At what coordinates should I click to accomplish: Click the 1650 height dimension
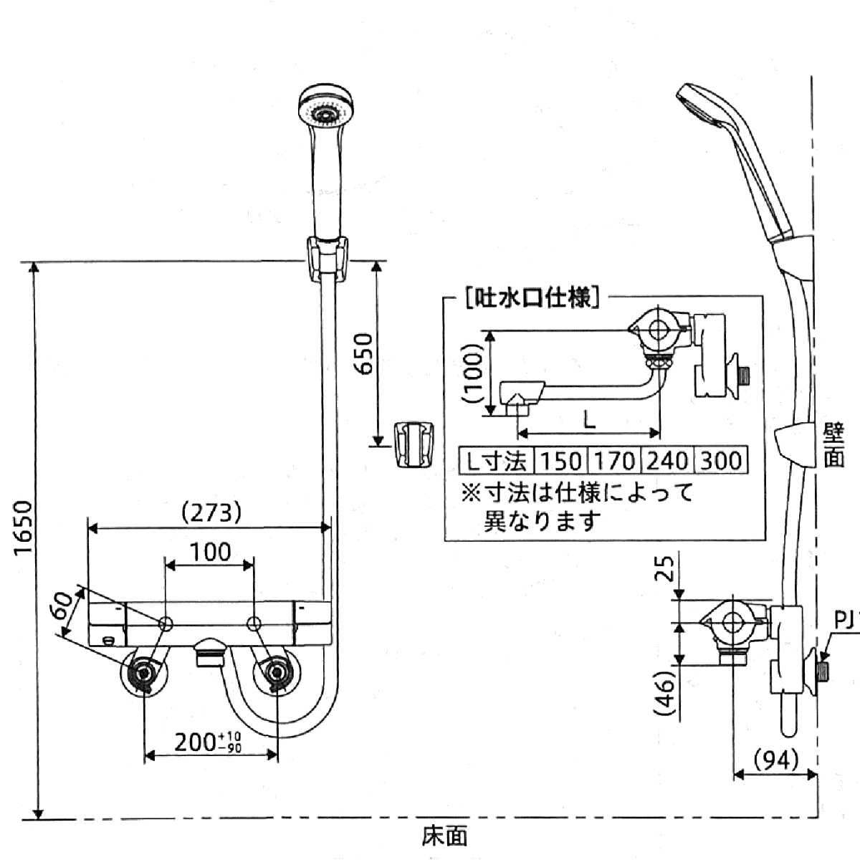click(23, 527)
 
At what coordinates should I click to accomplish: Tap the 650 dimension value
click(364, 353)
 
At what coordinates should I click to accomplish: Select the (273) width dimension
click(211, 512)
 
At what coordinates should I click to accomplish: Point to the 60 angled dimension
click(63, 608)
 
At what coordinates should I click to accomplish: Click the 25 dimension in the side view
click(666, 570)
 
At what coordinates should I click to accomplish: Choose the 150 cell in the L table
click(560, 460)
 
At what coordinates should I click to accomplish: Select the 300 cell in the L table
click(720, 460)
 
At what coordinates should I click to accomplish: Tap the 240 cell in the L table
click(666, 460)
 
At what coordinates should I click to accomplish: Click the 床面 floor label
click(444, 836)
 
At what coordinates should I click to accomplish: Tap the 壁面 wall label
click(833, 444)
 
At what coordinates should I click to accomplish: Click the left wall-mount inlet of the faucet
click(145, 674)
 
